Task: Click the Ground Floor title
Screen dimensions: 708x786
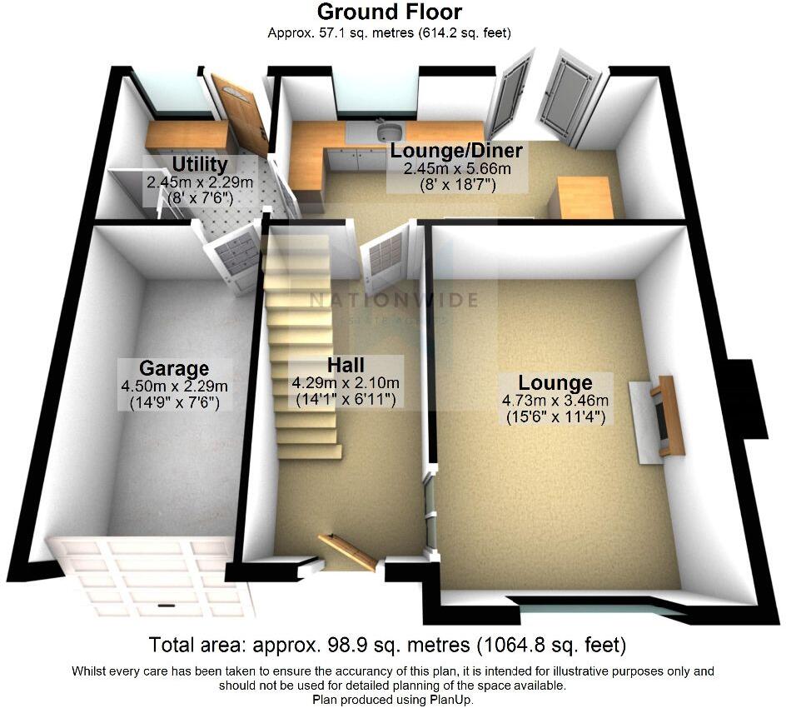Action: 389,12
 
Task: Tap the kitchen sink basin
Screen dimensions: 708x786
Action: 389,132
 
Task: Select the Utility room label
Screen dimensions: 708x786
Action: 199,163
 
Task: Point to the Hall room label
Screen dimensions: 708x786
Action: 346,365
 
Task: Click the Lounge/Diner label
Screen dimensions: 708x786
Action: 456,151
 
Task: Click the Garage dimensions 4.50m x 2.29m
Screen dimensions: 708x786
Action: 173,386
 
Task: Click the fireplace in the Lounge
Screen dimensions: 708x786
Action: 666,416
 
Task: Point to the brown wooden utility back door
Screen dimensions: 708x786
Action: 239,112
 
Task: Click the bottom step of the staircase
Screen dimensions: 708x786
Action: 310,451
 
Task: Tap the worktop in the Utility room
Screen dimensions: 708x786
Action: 187,133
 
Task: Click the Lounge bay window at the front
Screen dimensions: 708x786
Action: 595,606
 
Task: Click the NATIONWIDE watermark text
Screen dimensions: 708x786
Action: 393,301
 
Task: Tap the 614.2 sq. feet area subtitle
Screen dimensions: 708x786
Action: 466,33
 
